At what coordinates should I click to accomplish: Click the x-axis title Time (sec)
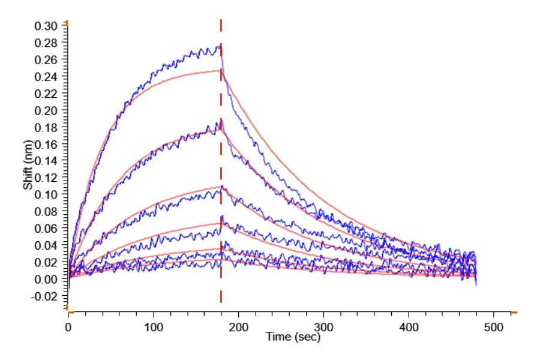tap(293, 337)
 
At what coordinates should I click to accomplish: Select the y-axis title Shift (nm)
tap(28, 169)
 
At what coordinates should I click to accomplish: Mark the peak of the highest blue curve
tap(220, 45)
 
